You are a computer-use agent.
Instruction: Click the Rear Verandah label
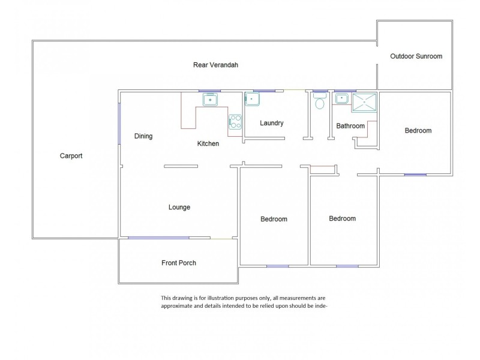click(215, 65)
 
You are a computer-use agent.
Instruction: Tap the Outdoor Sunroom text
click(416, 56)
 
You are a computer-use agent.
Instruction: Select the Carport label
click(71, 156)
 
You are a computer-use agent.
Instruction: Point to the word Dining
click(143, 136)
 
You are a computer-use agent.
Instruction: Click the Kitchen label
click(208, 143)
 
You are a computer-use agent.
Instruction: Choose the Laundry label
click(272, 123)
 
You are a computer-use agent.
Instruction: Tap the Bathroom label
click(350, 126)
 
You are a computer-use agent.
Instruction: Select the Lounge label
click(179, 207)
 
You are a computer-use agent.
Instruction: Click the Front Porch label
click(179, 263)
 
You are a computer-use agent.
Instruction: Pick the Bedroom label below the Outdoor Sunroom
click(418, 131)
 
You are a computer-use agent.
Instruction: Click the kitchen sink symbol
click(211, 100)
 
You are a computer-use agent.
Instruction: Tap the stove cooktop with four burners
click(235, 122)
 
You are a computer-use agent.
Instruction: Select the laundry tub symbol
click(252, 99)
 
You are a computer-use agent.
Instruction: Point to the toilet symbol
click(320, 101)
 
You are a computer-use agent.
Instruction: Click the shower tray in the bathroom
click(364, 103)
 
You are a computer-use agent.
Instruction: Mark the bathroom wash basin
click(341, 98)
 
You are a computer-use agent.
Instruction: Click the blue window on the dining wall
click(119, 124)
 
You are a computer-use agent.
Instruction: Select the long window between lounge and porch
click(158, 238)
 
